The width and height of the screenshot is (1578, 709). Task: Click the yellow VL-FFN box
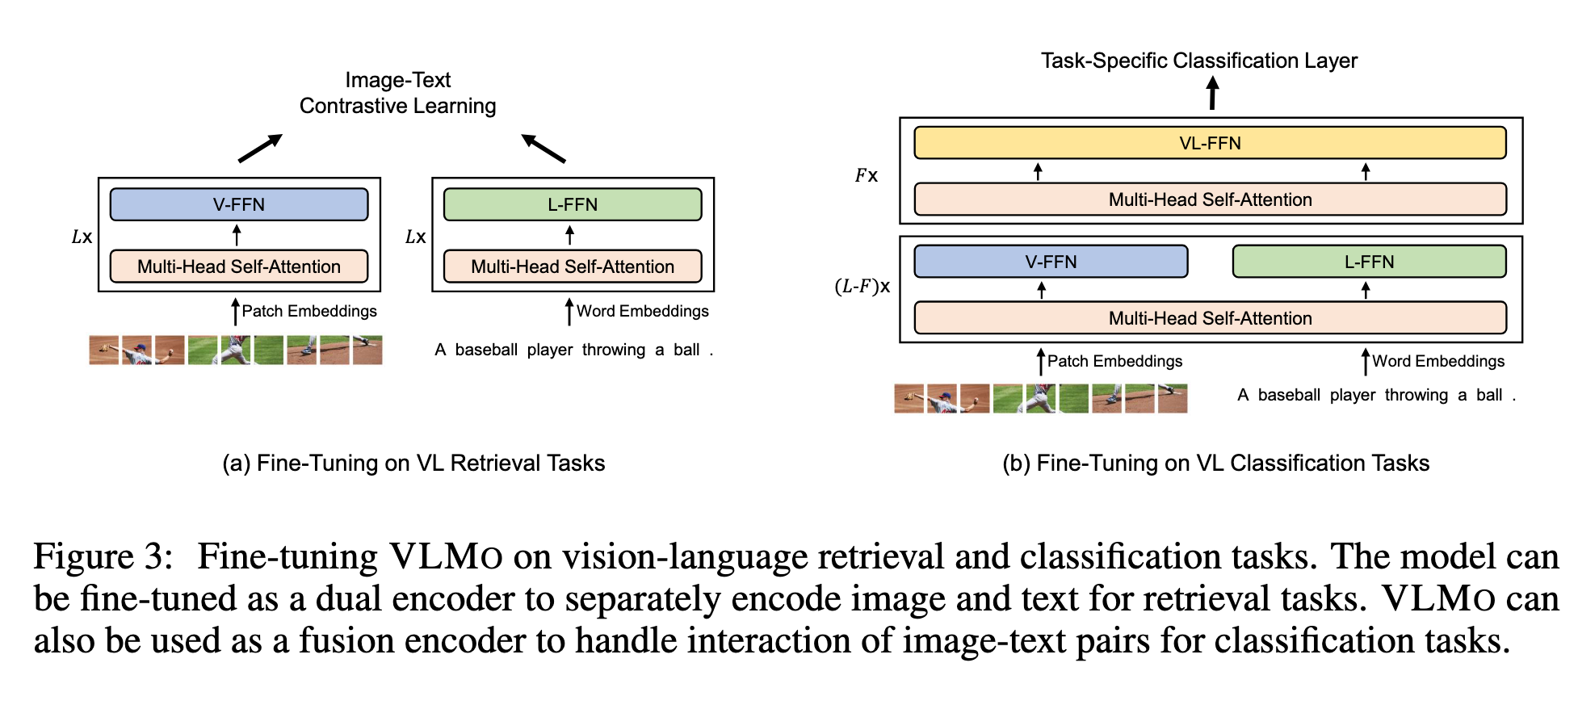coord(1209,143)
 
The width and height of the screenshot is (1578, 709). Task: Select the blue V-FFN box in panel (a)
coord(239,204)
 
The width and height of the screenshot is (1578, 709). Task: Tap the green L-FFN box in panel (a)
coord(573,204)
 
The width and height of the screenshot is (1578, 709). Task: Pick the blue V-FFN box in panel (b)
coord(1051,262)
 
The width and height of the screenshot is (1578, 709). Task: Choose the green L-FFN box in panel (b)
coord(1369,262)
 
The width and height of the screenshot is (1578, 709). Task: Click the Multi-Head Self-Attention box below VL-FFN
coord(1209,199)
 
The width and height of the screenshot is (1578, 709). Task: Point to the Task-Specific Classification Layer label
coord(1198,61)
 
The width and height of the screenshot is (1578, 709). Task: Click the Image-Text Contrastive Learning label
coord(397,93)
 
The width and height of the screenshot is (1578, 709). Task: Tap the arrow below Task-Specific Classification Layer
coord(1212,93)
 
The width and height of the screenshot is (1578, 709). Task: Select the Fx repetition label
coord(866,175)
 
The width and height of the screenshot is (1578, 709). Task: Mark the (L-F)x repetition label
coord(862,286)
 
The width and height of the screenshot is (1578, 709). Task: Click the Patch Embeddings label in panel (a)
coord(308,311)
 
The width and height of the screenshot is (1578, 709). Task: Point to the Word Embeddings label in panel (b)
coord(1437,361)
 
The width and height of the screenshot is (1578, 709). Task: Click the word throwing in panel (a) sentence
coord(613,350)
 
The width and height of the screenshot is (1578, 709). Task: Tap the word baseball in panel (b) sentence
coord(1289,395)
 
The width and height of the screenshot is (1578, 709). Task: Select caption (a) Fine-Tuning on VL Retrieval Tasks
coord(413,463)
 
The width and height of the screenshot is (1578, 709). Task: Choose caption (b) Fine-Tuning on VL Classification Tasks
coord(1215,463)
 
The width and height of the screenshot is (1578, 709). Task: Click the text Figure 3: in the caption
coord(103,556)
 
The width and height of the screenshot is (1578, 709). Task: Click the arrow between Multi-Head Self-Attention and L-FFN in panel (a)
coord(569,235)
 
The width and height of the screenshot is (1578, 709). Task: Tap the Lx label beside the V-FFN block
coord(82,237)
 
